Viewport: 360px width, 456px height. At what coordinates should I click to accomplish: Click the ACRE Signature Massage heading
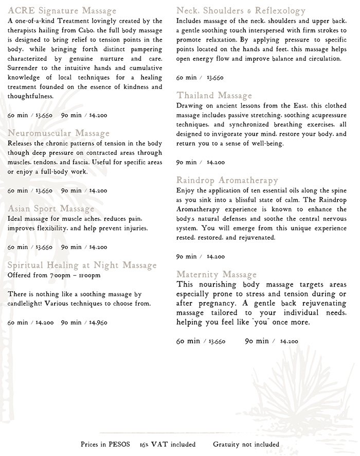point(62,10)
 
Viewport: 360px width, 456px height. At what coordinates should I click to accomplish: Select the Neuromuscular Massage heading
point(59,134)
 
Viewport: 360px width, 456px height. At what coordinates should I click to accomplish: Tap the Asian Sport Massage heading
point(51,208)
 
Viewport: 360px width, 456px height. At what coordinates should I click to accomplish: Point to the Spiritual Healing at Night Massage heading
point(82,265)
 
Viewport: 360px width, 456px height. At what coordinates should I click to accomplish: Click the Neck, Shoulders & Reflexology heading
point(241,10)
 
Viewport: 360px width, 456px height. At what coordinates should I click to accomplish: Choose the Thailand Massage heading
point(214,96)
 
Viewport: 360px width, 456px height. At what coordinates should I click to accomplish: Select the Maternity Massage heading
point(217,274)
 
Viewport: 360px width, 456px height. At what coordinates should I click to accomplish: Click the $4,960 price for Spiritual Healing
point(98,323)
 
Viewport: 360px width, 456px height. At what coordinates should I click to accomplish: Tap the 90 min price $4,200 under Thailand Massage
point(215,162)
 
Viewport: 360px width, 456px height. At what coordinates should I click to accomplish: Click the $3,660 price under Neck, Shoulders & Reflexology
point(215,78)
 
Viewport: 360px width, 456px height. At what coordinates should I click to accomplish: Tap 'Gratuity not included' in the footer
point(246,444)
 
